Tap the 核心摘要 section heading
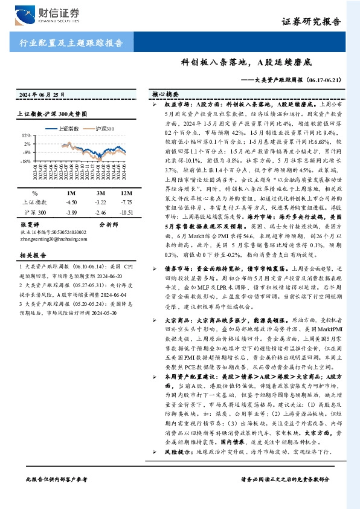(166, 95)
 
